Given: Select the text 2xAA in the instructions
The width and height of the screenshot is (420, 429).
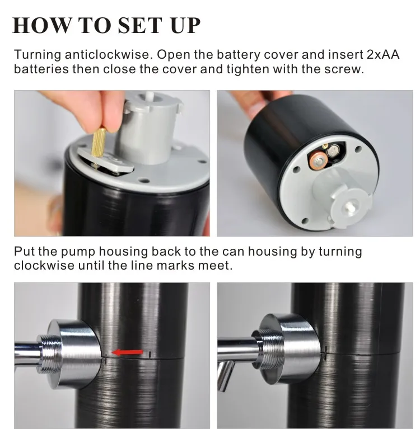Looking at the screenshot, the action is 382,54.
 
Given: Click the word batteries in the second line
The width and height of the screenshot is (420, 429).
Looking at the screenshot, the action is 41,69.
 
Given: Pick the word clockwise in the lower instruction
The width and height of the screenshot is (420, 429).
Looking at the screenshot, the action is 44,265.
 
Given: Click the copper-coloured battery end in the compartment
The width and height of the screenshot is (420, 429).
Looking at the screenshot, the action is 319,161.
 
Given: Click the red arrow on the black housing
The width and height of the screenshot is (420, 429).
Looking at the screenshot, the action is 127,352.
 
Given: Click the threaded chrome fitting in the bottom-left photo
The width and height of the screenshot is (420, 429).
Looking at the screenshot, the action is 50,354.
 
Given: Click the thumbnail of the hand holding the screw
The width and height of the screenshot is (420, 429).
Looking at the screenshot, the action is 112,163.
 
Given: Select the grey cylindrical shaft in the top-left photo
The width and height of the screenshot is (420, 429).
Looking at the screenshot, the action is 148,129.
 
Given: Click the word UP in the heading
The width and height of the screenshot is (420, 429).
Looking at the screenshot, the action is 185,25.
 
